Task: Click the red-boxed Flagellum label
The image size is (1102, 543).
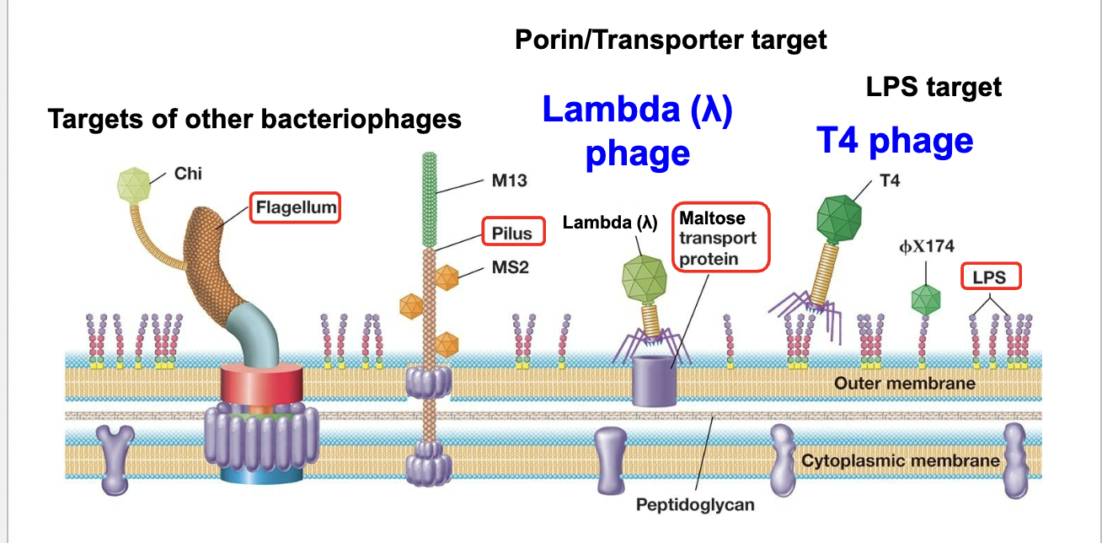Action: click(295, 207)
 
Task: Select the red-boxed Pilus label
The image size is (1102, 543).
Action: click(513, 233)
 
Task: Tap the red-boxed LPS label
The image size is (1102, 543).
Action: click(990, 277)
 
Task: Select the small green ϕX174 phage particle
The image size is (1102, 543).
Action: click(926, 298)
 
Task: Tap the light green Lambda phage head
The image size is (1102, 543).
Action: click(645, 278)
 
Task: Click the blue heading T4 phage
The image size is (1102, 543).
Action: click(895, 141)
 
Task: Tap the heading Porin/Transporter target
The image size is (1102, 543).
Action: click(671, 40)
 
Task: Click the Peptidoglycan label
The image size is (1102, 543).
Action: click(695, 505)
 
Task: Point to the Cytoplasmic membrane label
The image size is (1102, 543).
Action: click(900, 460)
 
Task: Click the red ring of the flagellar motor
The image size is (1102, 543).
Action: click(256, 384)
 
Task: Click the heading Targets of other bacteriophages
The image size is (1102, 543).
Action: click(254, 119)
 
